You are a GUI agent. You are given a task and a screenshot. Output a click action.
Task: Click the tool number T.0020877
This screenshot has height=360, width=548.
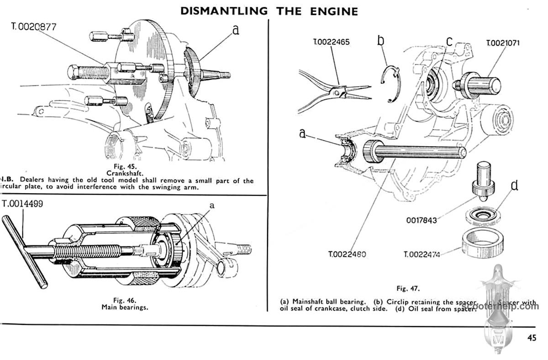click(34, 26)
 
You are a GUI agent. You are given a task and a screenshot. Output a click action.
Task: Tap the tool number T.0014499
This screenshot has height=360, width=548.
click(23, 203)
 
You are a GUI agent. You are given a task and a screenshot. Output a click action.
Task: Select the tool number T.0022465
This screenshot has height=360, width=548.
click(332, 42)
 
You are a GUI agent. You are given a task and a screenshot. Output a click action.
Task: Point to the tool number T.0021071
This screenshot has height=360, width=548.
click(503, 43)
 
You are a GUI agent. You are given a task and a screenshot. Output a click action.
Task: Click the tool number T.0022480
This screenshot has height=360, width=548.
click(347, 254)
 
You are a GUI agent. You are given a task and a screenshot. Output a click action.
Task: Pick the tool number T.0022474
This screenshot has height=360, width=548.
click(422, 254)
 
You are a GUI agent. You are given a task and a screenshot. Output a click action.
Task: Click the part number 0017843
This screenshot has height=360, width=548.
click(422, 220)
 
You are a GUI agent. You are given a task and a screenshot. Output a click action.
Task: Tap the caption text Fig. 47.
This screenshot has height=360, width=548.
click(408, 288)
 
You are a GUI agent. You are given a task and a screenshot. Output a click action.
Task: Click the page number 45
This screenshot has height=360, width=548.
click(531, 338)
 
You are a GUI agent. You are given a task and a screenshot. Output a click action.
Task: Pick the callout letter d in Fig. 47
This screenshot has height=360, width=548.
click(514, 185)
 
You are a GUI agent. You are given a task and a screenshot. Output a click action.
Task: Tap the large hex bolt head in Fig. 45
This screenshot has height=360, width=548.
click(76, 73)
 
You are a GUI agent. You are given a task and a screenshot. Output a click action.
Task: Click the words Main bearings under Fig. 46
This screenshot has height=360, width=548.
click(125, 307)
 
